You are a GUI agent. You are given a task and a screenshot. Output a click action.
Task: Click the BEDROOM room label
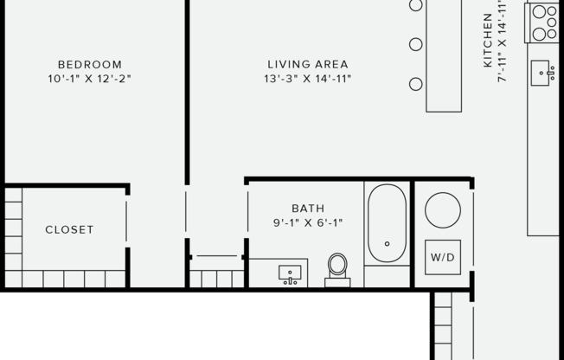click(90, 64)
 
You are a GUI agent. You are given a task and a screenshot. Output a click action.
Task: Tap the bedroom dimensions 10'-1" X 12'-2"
click(90, 79)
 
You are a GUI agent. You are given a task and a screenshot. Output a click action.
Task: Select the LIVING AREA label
click(308, 64)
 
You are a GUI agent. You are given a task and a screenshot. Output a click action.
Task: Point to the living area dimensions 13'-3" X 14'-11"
click(308, 79)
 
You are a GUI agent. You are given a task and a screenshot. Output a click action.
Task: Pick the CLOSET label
click(69, 230)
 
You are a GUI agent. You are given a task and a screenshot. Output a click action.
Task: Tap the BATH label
click(308, 208)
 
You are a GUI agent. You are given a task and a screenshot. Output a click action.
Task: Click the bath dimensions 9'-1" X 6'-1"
click(308, 222)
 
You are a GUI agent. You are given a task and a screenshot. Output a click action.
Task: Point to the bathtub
click(387, 223)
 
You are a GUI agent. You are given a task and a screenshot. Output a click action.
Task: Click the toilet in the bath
click(337, 266)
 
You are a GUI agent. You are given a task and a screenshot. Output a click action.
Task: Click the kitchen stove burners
click(544, 23)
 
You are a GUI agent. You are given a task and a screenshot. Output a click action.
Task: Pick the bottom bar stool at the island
click(416, 84)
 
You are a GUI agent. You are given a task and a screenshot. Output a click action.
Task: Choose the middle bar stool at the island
click(416, 44)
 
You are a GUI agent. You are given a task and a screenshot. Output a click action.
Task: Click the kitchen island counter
click(445, 55)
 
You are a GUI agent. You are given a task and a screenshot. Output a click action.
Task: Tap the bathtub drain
click(387, 244)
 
